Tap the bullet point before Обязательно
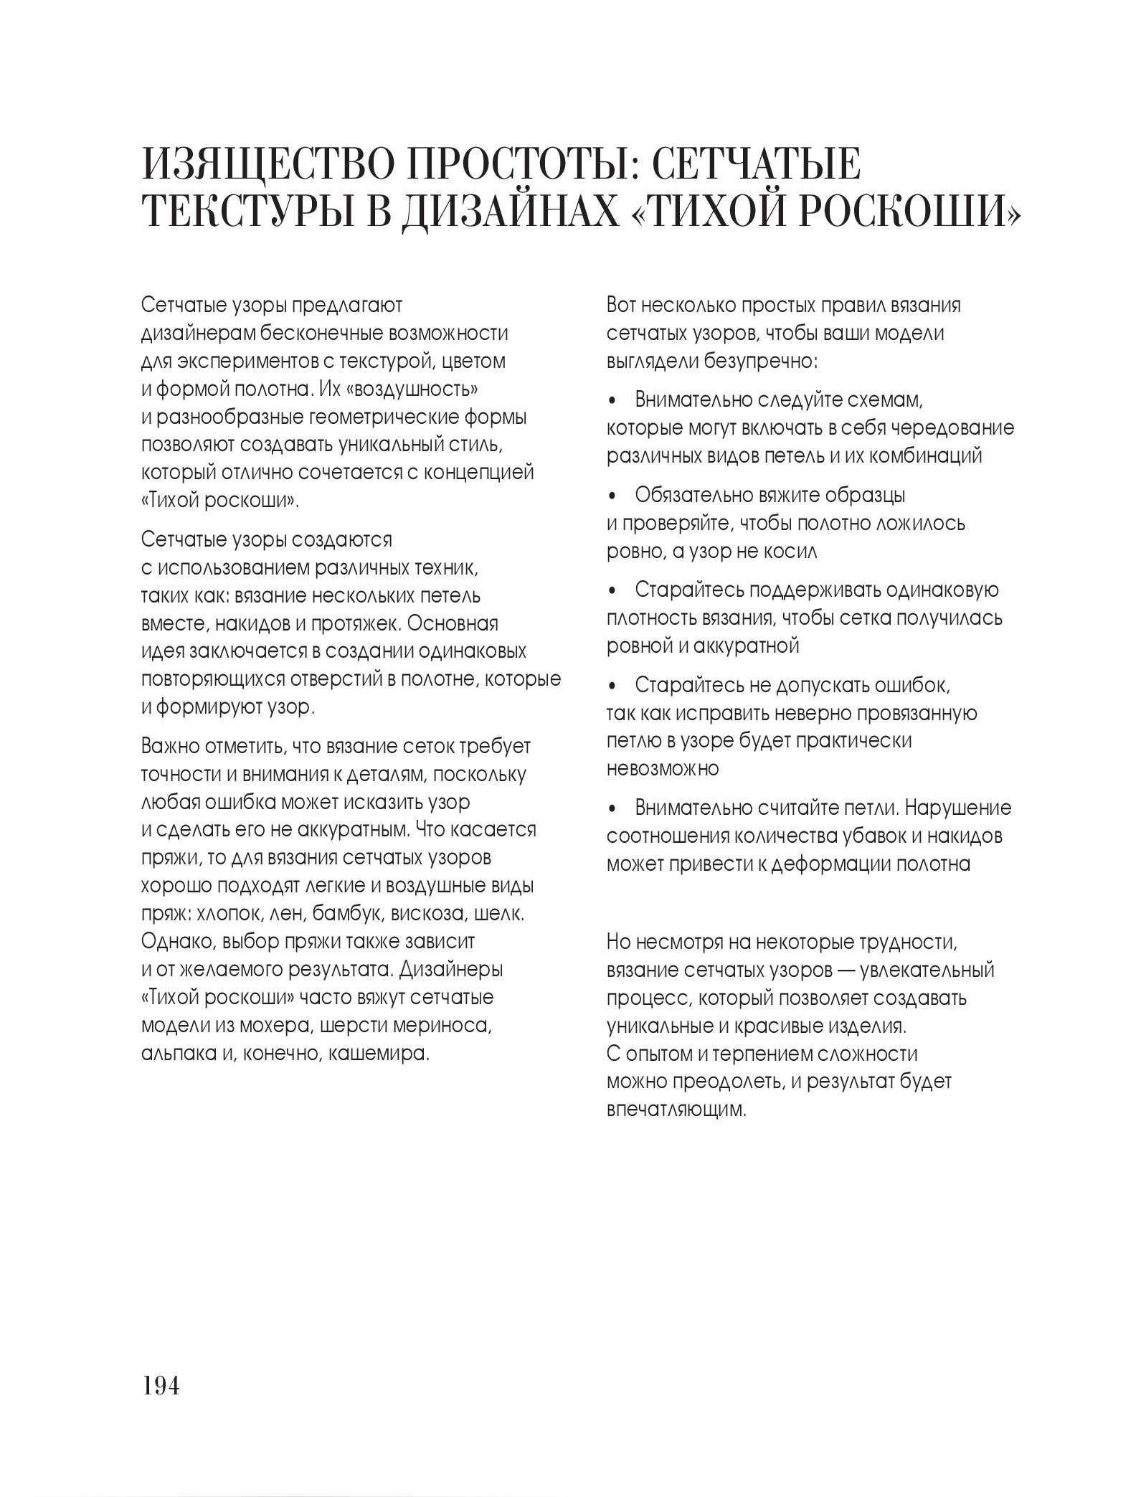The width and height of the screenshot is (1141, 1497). point(612,496)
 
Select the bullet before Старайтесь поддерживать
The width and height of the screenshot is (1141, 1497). point(612,591)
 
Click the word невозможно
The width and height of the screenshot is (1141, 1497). point(663,769)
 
